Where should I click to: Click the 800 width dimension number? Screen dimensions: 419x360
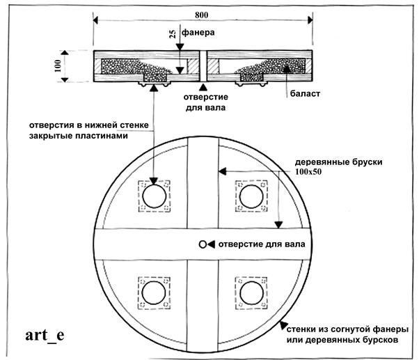(201, 15)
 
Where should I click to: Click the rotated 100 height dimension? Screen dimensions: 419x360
(58, 65)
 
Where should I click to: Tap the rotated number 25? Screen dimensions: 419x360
(173, 33)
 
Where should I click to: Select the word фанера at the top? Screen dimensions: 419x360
(198, 33)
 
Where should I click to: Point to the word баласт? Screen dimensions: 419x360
(305, 93)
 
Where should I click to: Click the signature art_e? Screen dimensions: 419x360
(45, 335)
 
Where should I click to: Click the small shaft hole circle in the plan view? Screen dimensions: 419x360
(203, 244)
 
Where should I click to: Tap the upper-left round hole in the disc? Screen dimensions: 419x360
(155, 196)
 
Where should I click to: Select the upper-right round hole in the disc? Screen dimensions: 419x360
(251, 196)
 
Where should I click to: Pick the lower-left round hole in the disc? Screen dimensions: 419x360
(154, 293)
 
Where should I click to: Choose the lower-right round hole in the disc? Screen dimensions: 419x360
(251, 293)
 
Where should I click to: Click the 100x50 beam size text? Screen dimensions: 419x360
(308, 171)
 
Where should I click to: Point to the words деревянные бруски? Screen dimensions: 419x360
(338, 162)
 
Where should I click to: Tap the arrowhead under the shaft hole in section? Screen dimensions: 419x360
(203, 87)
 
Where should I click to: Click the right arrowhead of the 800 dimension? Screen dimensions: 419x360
(310, 20)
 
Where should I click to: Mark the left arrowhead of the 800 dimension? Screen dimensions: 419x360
(96, 20)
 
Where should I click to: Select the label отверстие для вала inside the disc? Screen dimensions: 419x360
(262, 244)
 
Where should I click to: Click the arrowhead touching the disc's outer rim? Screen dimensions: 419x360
(283, 325)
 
